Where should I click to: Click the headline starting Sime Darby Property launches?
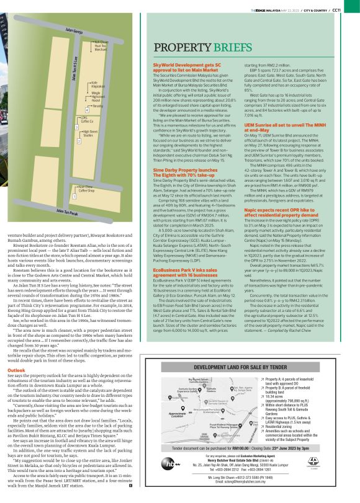[187, 154]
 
